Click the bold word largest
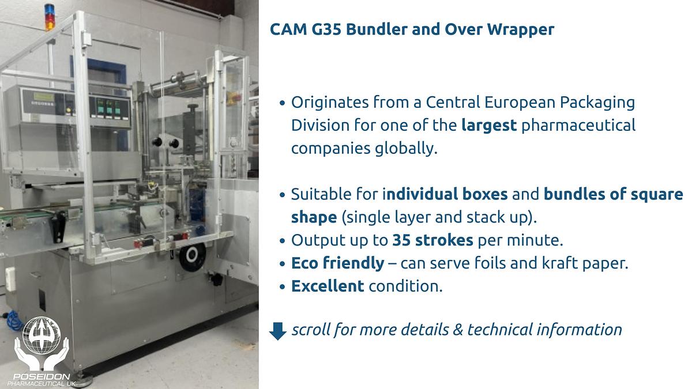pyautogui.click(x=489, y=125)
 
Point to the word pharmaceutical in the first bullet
pyautogui.click(x=578, y=125)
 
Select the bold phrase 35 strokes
pyautogui.click(x=432, y=240)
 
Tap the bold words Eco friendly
pyautogui.click(x=337, y=263)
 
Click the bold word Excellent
pyautogui.click(x=328, y=286)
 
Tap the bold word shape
pyautogui.click(x=314, y=217)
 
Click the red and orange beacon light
pyautogui.click(x=50, y=17)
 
